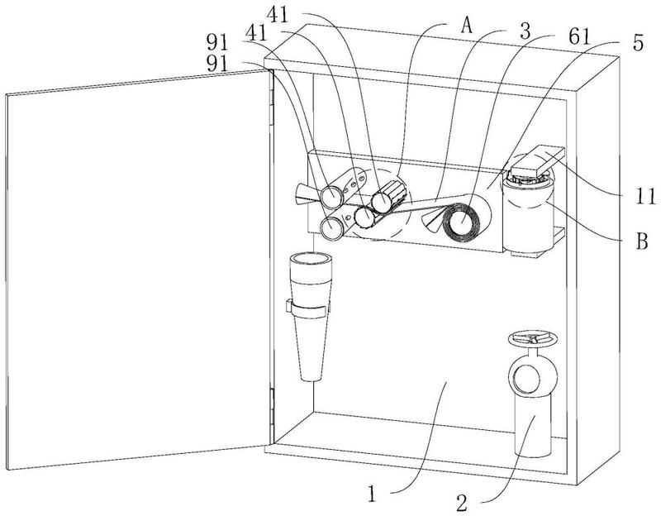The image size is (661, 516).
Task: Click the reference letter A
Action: pyautogui.click(x=466, y=26)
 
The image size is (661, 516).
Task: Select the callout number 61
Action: pyautogui.click(x=578, y=36)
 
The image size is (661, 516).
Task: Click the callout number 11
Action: pyautogui.click(x=645, y=197)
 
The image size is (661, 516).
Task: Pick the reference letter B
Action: pyautogui.click(x=642, y=242)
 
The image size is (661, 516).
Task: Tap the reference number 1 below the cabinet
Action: pyautogui.click(x=371, y=494)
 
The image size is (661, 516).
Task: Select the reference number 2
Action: pyautogui.click(x=462, y=503)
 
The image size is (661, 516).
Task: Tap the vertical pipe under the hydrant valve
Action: pyautogui.click(x=533, y=426)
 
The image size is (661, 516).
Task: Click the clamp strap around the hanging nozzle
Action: pyautogui.click(x=307, y=308)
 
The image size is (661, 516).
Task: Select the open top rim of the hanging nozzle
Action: pyautogui.click(x=311, y=258)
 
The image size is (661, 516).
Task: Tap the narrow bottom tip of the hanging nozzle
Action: pyautogui.click(x=311, y=376)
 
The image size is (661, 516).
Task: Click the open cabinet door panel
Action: pyautogui.click(x=138, y=270)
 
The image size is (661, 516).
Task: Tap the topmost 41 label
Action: pyautogui.click(x=278, y=16)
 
